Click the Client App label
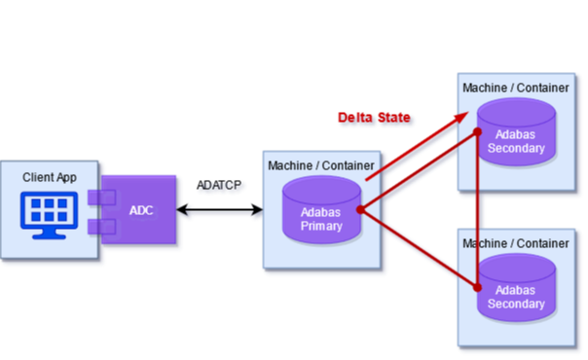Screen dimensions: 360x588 49,177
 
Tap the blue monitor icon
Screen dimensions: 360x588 49,214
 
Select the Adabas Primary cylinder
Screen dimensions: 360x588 321,211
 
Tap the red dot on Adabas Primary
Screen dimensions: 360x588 360,209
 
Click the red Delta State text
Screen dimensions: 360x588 375,119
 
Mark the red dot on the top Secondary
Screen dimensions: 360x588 478,130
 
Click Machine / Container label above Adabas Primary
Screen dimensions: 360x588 321,164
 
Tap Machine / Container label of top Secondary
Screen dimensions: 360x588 516,88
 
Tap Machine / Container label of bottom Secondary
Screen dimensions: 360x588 516,242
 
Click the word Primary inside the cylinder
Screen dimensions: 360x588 321,226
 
